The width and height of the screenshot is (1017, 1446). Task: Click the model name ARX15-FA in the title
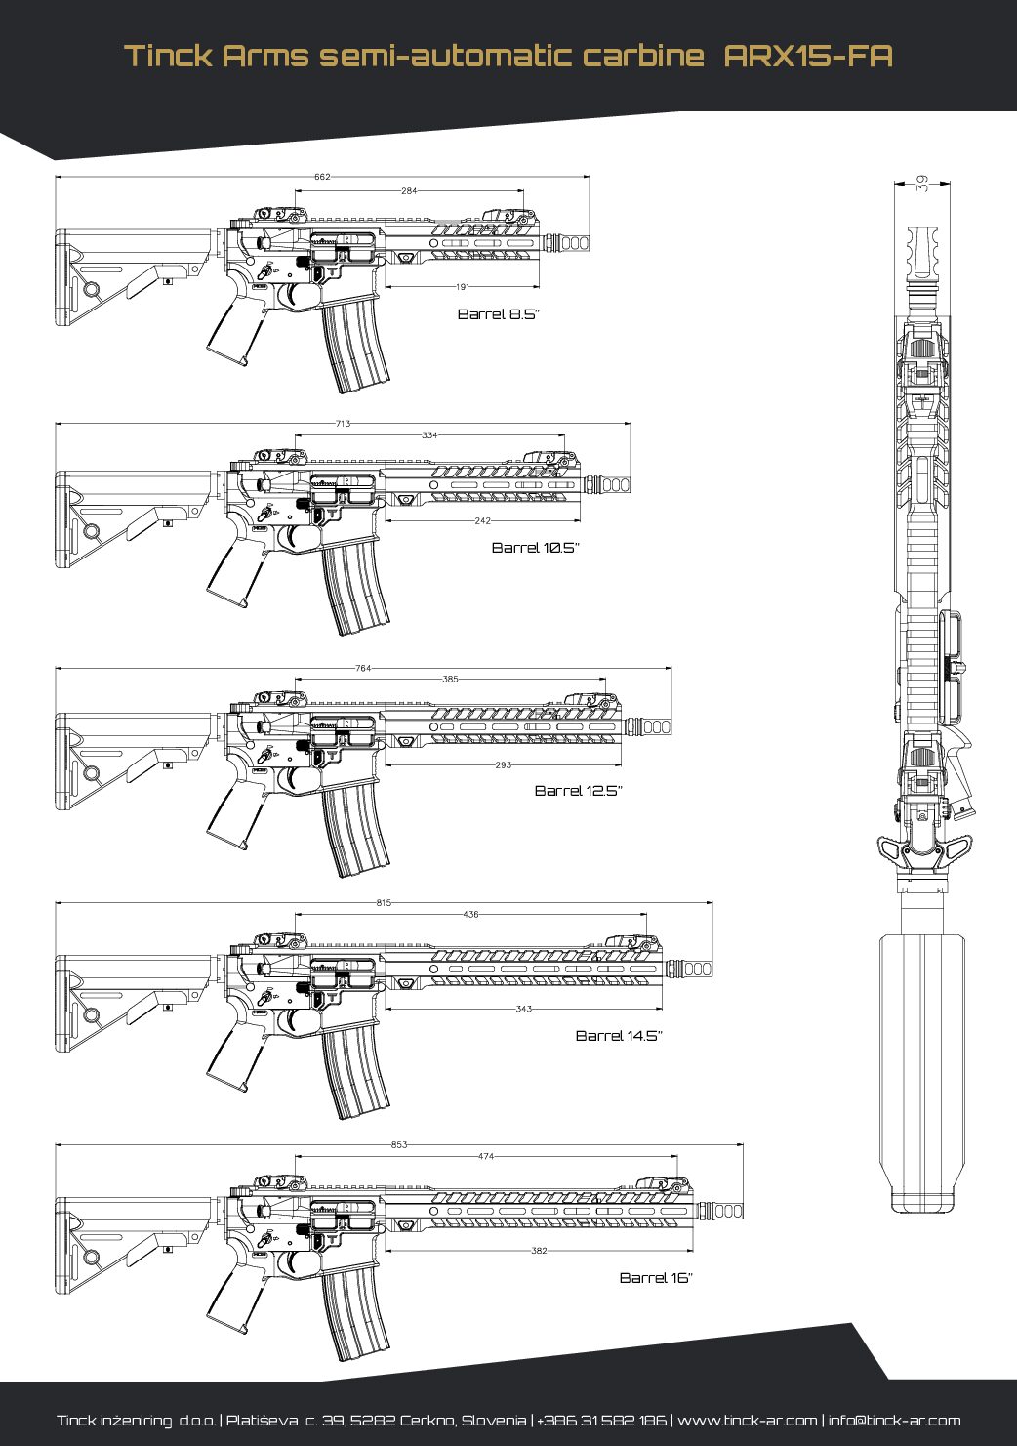808,55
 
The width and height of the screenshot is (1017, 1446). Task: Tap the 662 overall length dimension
322,177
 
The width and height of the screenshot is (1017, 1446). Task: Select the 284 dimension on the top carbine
409,191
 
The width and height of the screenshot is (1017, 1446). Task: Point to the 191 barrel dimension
463,287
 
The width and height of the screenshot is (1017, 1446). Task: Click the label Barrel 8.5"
498,314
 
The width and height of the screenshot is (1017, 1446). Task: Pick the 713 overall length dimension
343,424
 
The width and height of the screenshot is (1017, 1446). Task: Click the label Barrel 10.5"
535,548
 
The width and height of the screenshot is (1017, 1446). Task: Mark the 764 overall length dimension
363,668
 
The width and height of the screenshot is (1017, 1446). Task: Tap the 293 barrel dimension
503,765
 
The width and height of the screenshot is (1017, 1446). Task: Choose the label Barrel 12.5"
578,791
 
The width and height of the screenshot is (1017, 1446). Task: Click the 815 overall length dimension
384,903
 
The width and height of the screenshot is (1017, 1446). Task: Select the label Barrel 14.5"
619,1036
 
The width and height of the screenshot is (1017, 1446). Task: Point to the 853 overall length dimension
399,1144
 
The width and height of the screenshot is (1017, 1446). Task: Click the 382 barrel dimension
539,1251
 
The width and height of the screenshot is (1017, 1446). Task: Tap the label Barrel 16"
656,1278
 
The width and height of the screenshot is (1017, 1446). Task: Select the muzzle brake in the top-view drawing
923,253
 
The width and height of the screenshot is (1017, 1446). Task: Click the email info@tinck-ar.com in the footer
894,1421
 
